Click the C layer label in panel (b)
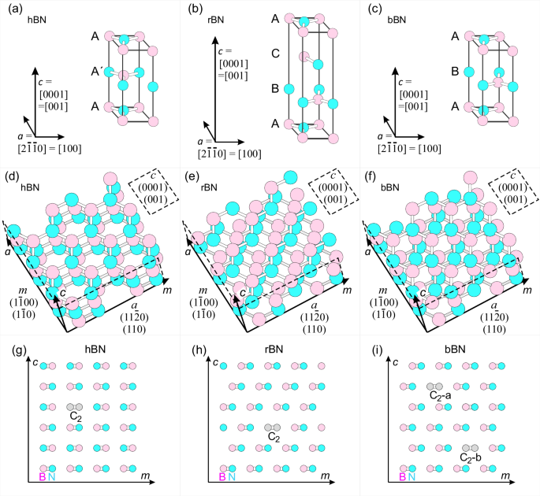275,54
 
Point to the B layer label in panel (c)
455,71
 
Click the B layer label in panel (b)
275,89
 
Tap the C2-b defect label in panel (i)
471,457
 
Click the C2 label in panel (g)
76,416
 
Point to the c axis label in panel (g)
36,361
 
